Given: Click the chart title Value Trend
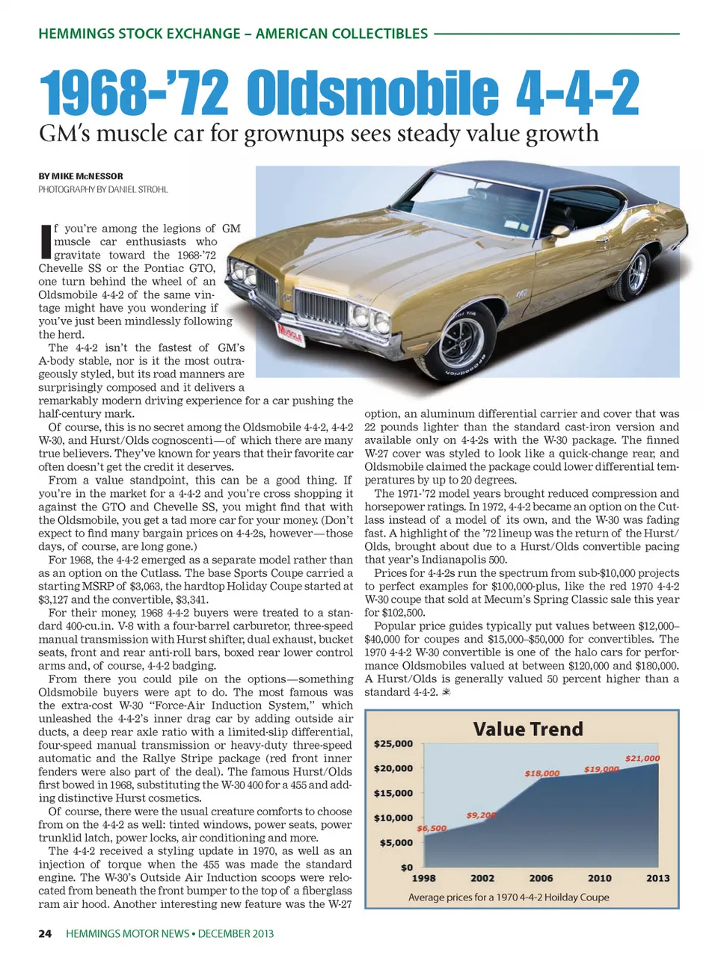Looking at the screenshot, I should click(x=527, y=729).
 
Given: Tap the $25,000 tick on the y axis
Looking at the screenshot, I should click(x=393, y=744).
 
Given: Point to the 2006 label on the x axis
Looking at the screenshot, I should click(x=541, y=878).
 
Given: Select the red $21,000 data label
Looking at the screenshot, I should click(x=642, y=758).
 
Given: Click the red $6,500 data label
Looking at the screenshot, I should click(x=432, y=828).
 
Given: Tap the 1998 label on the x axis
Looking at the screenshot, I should click(x=424, y=878).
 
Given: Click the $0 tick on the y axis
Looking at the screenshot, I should click(x=406, y=867).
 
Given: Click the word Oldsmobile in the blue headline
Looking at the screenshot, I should click(x=372, y=94).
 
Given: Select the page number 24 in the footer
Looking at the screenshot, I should click(x=45, y=933).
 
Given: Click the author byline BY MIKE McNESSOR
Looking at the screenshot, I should click(x=81, y=176).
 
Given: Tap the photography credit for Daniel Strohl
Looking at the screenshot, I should click(x=103, y=190).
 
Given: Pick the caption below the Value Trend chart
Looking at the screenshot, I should click(x=509, y=897).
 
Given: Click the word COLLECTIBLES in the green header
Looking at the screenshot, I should click(x=379, y=34).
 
